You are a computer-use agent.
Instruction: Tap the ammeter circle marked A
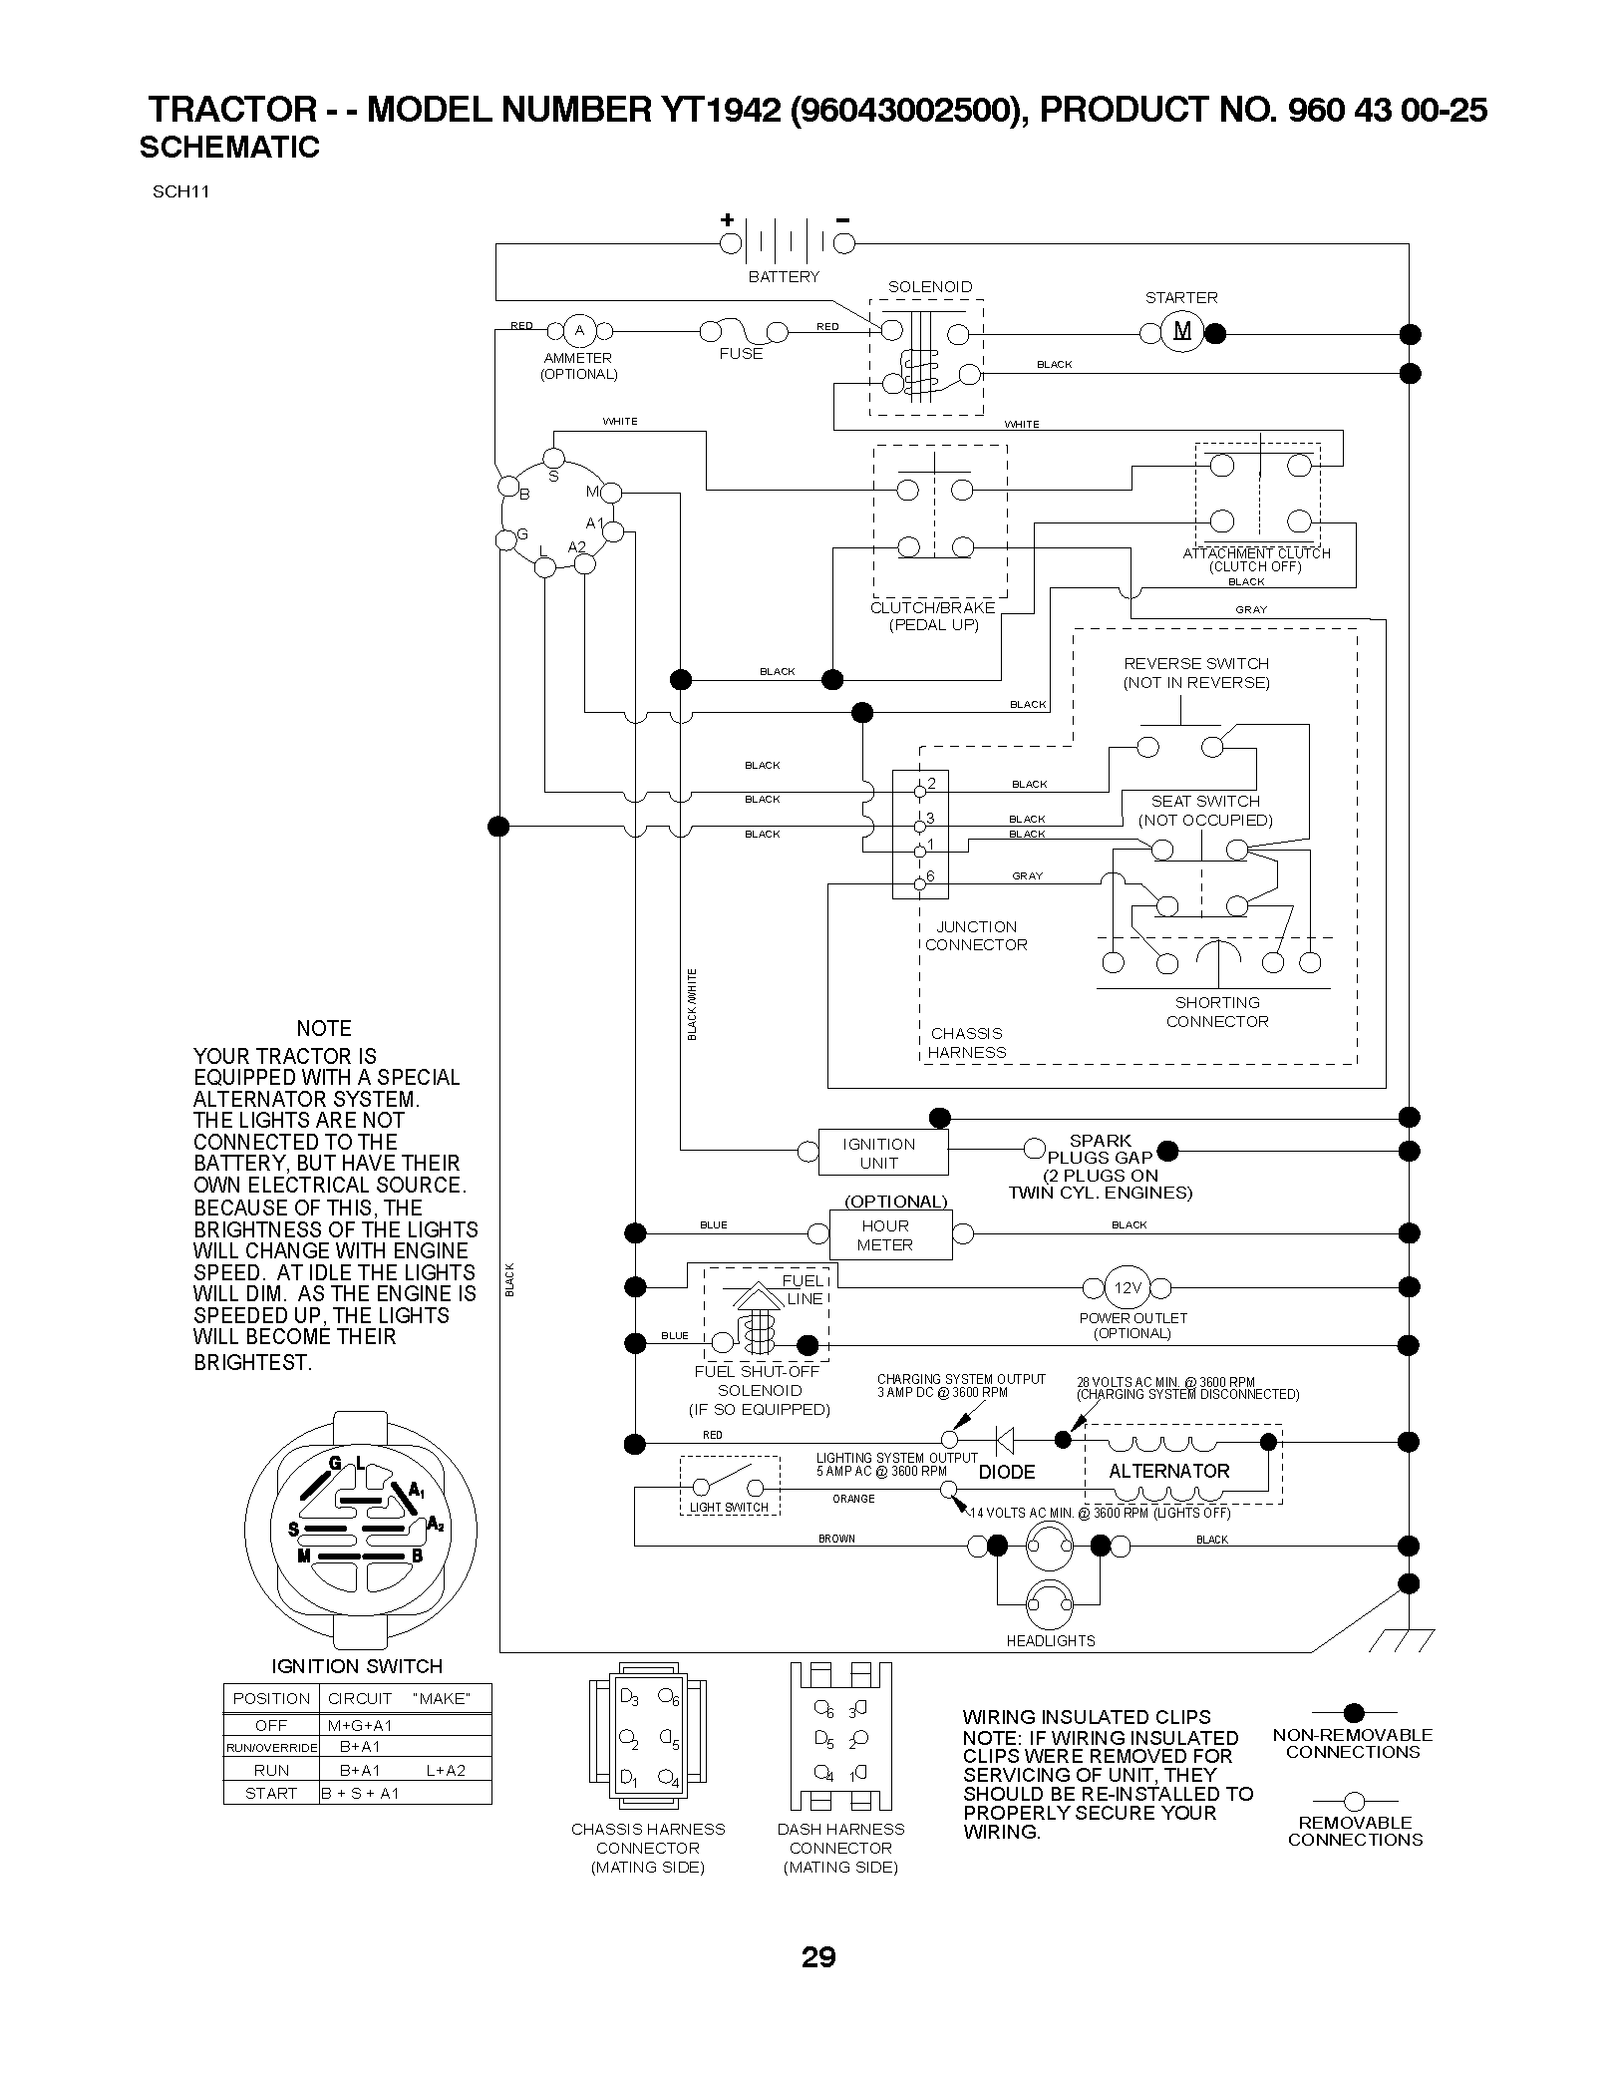click(x=578, y=331)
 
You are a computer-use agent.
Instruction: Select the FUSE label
click(x=741, y=354)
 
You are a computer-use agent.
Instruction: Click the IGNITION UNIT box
click(x=883, y=1154)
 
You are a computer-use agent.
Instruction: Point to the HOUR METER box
click(x=890, y=1235)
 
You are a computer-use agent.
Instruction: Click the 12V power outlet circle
click(x=1127, y=1287)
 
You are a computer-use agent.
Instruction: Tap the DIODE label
click(x=1007, y=1472)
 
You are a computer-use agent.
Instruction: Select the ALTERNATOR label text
click(x=1169, y=1471)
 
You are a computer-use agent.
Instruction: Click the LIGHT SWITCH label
click(x=729, y=1507)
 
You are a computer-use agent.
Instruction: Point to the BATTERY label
click(x=784, y=277)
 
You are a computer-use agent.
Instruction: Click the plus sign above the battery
click(x=728, y=219)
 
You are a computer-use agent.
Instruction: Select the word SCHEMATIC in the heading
click(x=229, y=148)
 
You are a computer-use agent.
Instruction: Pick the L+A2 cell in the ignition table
click(x=446, y=1770)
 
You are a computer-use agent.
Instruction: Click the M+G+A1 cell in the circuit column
click(x=360, y=1725)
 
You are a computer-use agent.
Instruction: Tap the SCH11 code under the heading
click(x=180, y=192)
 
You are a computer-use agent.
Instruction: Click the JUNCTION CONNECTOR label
click(x=976, y=936)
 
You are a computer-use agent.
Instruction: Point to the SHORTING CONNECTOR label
click(x=1217, y=1012)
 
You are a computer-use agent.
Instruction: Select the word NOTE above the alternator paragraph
click(x=324, y=1028)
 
